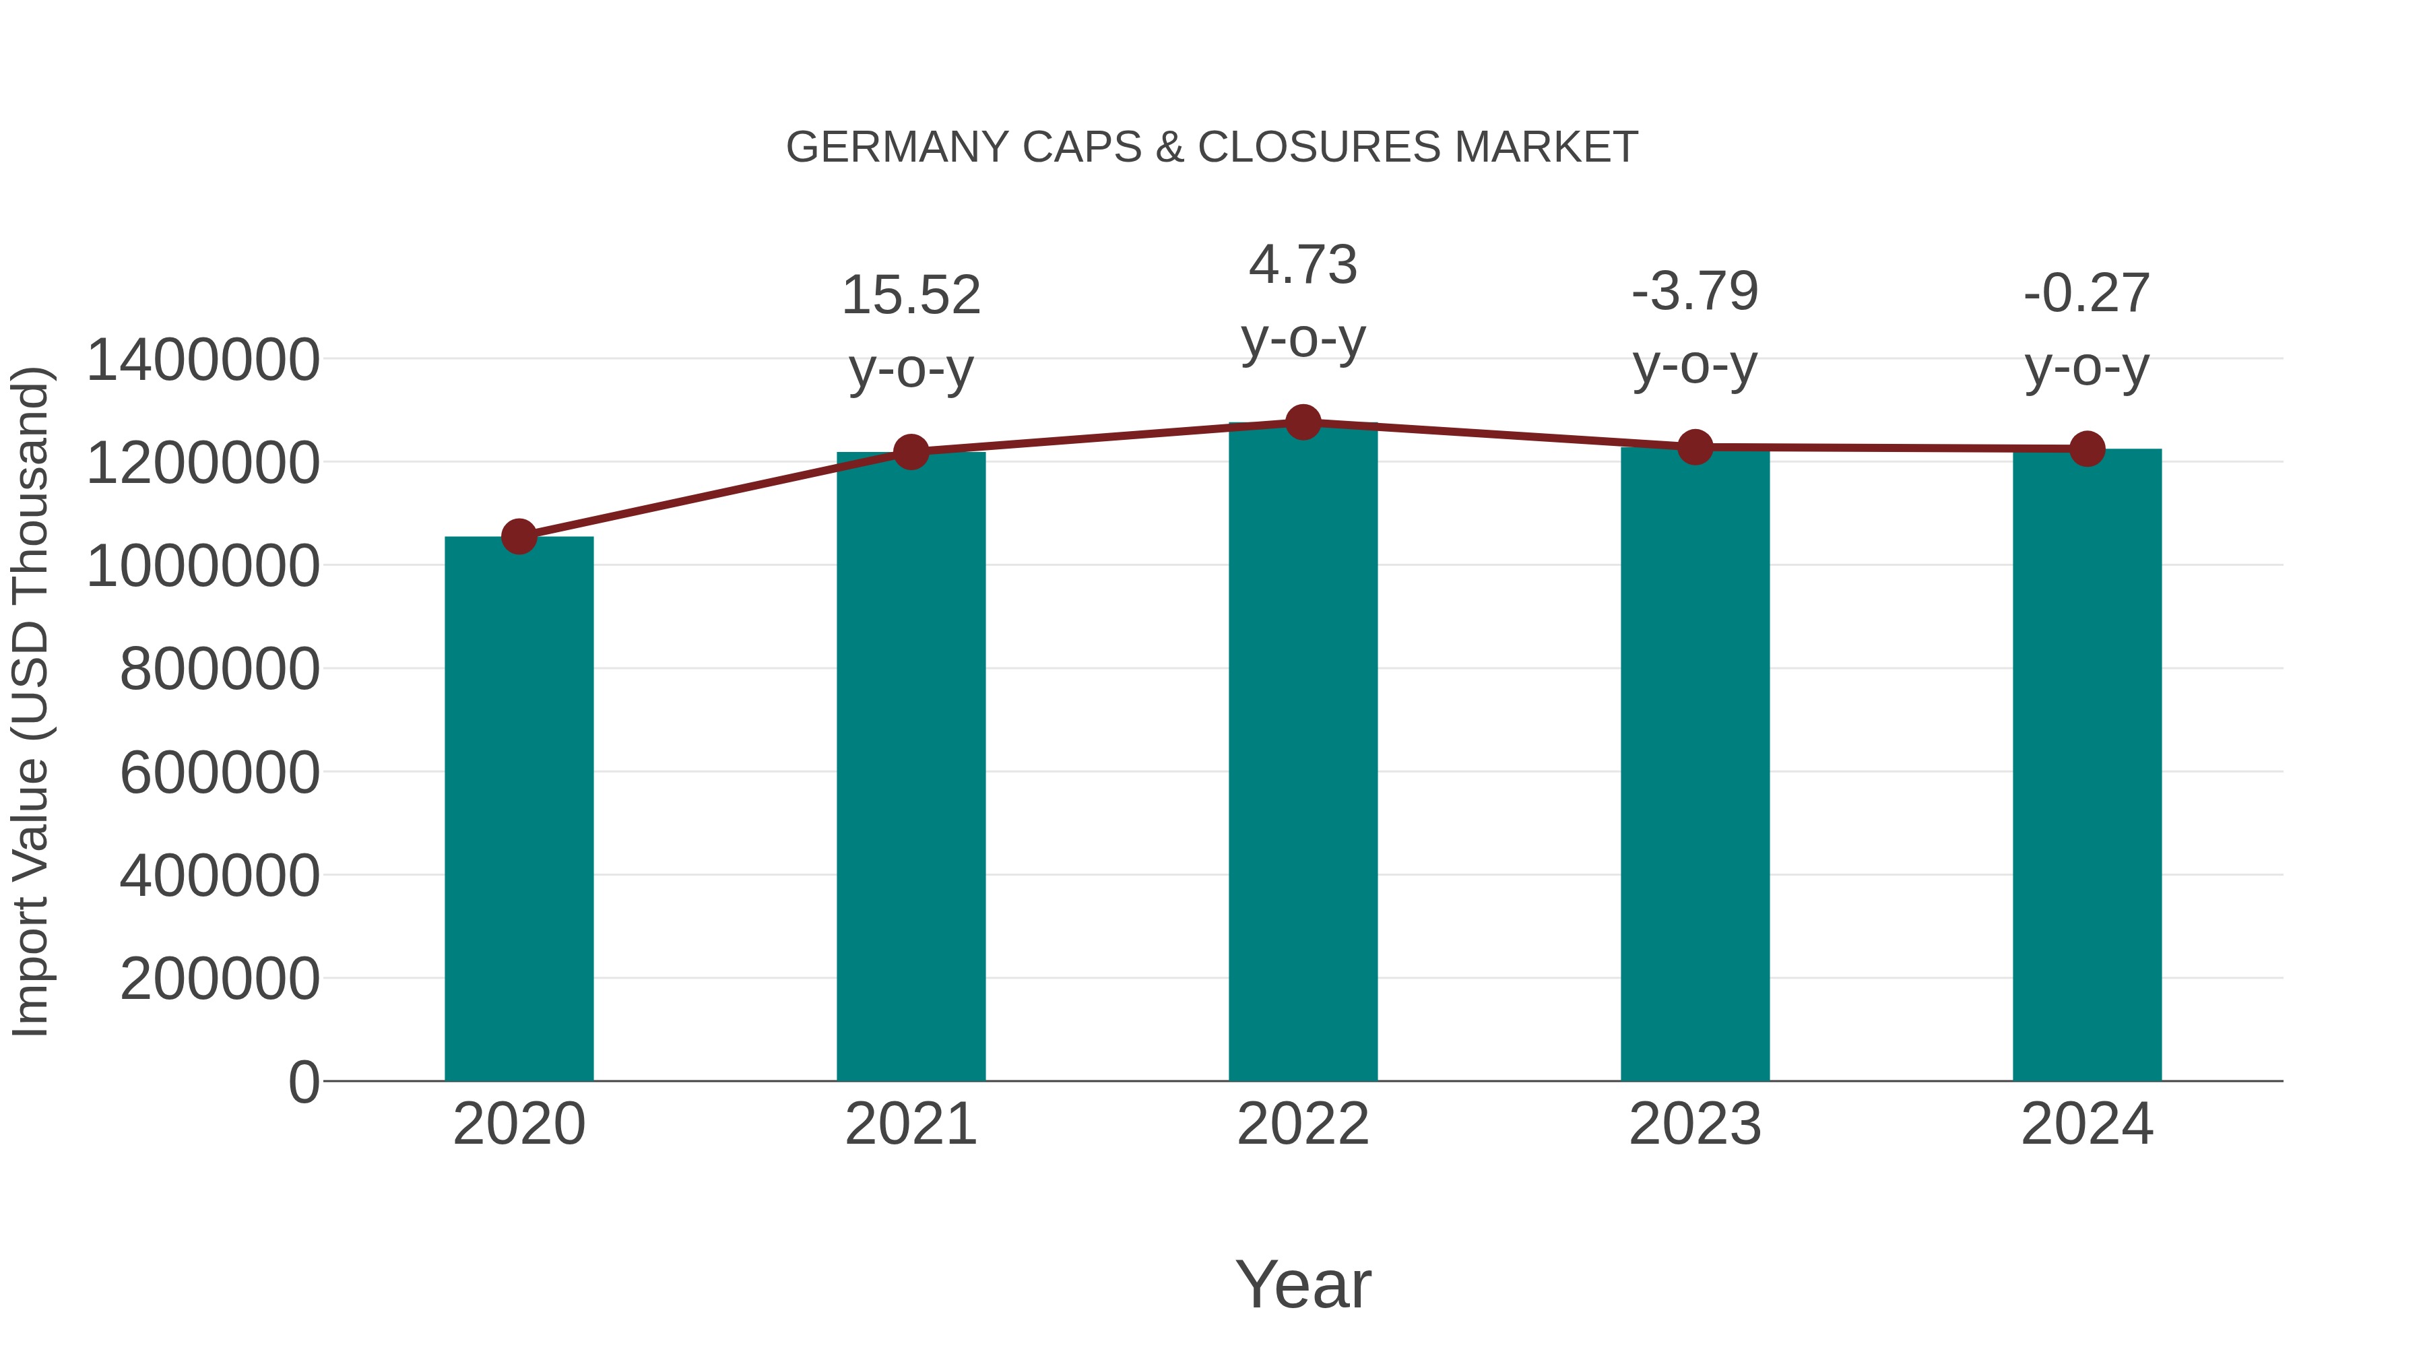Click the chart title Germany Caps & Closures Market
[1212, 148]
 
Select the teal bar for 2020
[519, 810]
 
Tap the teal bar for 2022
[1303, 753]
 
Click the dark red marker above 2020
[519, 538]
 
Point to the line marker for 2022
[1303, 422]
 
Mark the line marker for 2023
[1695, 447]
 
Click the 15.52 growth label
[910, 296]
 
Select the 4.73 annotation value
[1303, 265]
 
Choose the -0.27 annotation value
[2087, 294]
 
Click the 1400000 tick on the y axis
[202, 360]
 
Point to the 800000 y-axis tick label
[220, 670]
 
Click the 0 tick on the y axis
[303, 1082]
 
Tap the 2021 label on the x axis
[910, 1125]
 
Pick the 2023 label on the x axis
[1695, 1125]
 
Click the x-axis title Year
[1303, 1285]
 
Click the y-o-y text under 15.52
[910, 369]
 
